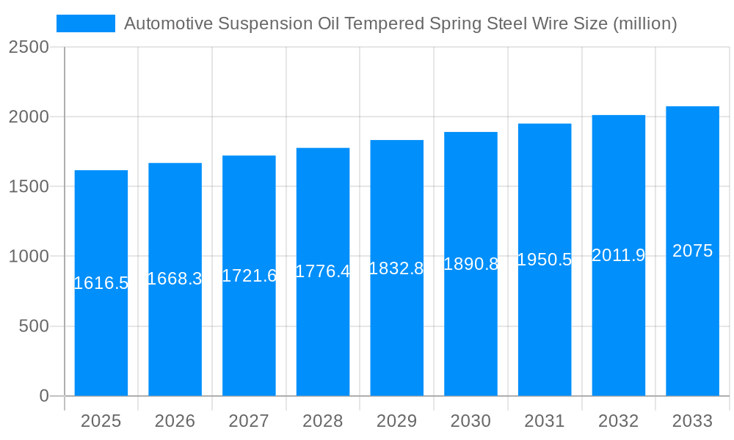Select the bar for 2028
323,330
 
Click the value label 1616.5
101,283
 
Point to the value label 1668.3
175,279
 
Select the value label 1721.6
249,276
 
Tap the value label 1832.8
396,268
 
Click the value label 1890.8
471,264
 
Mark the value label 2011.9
618,255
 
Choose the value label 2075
692,251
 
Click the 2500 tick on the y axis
29,47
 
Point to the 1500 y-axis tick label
29,186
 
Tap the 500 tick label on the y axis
34,326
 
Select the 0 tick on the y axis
43,396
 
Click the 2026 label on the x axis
175,421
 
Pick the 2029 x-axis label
396,421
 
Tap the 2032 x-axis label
618,421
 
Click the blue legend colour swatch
86,23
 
